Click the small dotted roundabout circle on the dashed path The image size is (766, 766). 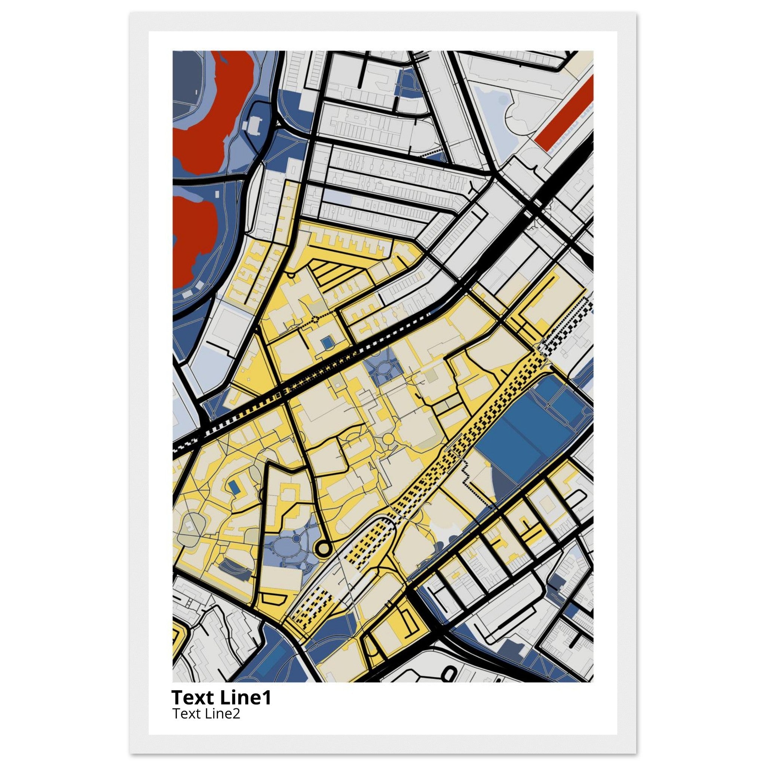pos(315,319)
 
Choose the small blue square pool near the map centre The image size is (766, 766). pos(328,343)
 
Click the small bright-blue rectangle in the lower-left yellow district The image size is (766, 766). pos(234,488)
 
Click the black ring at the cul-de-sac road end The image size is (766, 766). pos(323,549)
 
